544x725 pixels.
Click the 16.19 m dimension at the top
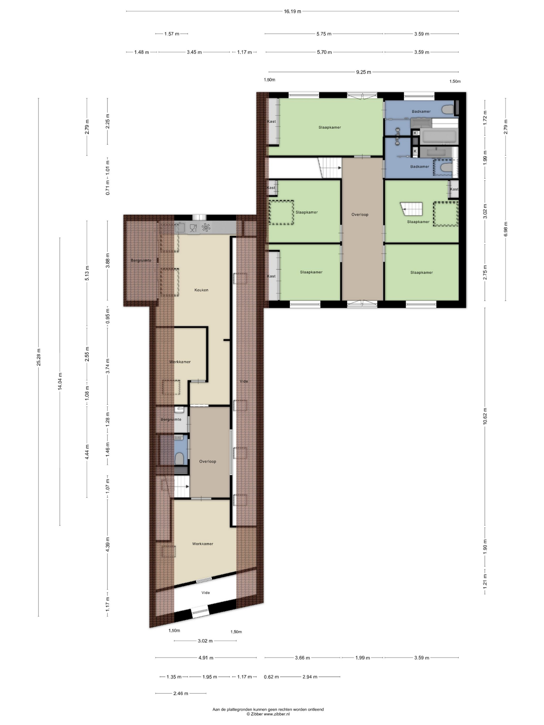(292, 11)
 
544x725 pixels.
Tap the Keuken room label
(201, 290)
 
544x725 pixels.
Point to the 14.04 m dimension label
(60, 381)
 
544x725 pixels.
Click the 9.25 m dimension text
(364, 72)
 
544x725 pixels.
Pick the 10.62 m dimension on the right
(485, 417)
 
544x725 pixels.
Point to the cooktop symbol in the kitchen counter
(206, 227)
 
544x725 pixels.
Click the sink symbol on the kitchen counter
(179, 227)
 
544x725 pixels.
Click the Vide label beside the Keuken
(244, 381)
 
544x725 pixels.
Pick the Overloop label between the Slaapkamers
(360, 215)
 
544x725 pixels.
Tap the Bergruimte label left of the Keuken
(141, 260)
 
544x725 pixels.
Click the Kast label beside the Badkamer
(454, 189)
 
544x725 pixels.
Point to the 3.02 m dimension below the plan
(205, 641)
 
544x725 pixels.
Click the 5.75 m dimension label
(324, 34)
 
